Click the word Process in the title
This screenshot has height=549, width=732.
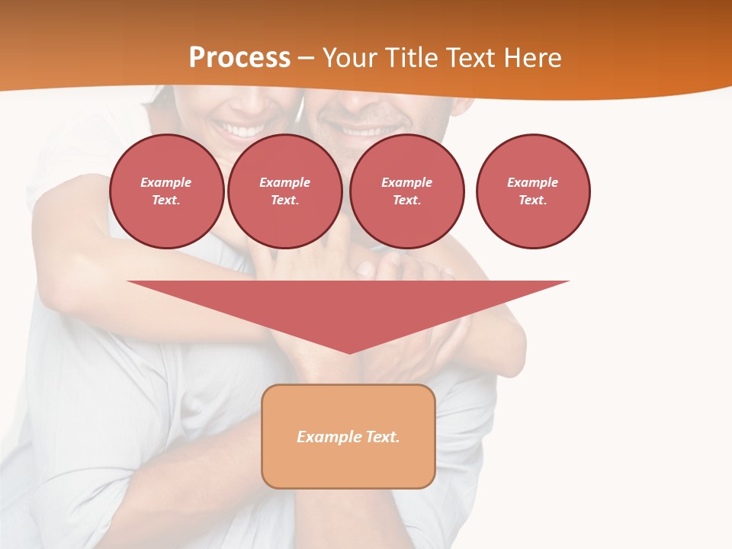click(239, 58)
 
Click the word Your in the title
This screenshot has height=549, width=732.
click(351, 58)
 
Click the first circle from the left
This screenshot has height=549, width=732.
click(167, 191)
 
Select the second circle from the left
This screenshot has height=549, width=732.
click(285, 191)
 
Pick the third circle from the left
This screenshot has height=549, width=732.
click(407, 191)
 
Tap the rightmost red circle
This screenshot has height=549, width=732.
click(533, 191)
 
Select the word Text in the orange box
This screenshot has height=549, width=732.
click(382, 437)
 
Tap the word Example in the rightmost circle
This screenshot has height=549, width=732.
click(533, 182)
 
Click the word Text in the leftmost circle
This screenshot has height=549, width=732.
click(165, 201)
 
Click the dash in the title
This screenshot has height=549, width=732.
click(306, 59)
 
